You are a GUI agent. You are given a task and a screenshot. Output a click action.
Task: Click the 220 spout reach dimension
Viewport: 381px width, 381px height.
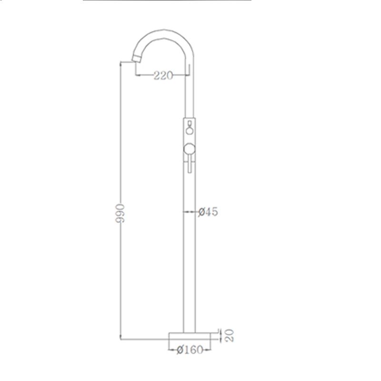click(163, 75)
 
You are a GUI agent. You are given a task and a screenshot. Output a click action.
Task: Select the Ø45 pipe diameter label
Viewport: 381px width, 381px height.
click(208, 212)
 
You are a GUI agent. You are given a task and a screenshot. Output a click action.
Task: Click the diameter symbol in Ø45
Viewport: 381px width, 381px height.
click(201, 212)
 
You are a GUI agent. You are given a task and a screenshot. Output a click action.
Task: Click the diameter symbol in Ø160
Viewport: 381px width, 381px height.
click(179, 350)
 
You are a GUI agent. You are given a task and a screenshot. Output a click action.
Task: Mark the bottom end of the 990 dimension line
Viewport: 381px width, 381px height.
click(120, 338)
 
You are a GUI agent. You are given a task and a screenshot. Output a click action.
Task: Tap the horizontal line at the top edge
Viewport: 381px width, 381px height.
click(167, 1)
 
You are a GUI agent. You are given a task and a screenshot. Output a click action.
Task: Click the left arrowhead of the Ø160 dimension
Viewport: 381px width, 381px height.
click(171, 350)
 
